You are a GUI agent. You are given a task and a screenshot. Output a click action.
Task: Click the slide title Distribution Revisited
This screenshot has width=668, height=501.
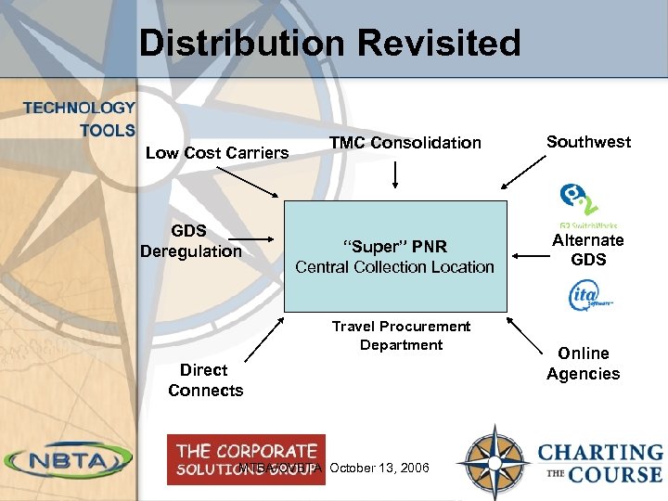coord(329,43)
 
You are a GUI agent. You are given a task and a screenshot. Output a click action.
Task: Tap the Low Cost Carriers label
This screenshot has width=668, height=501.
coord(217,152)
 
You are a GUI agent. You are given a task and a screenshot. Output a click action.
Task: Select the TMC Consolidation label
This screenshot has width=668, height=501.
coord(405,142)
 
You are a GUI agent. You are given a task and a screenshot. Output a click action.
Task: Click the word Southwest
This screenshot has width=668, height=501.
coord(588,141)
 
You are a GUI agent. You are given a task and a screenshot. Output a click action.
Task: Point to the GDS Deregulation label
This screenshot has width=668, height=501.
coord(190,240)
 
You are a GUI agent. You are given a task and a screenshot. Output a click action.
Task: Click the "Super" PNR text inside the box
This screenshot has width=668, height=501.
coord(395,247)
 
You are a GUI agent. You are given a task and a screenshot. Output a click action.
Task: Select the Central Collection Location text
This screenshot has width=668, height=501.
coord(395,267)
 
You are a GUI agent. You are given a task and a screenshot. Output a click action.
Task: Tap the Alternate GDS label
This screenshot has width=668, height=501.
coord(588,250)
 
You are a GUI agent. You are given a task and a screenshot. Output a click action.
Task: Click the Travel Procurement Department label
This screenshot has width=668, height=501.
coord(401,335)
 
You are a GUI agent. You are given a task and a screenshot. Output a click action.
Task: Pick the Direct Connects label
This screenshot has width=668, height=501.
coord(205,380)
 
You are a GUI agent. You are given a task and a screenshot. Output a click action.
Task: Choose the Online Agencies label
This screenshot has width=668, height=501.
coord(583,364)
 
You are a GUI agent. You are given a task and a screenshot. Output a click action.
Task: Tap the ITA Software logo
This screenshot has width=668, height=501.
coord(588,296)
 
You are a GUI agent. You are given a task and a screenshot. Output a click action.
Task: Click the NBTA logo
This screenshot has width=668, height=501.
coord(69,460)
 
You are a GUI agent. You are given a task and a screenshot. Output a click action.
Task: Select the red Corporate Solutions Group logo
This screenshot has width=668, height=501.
coord(246,458)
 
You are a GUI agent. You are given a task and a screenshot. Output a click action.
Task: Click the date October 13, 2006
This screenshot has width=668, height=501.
coord(379,468)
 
